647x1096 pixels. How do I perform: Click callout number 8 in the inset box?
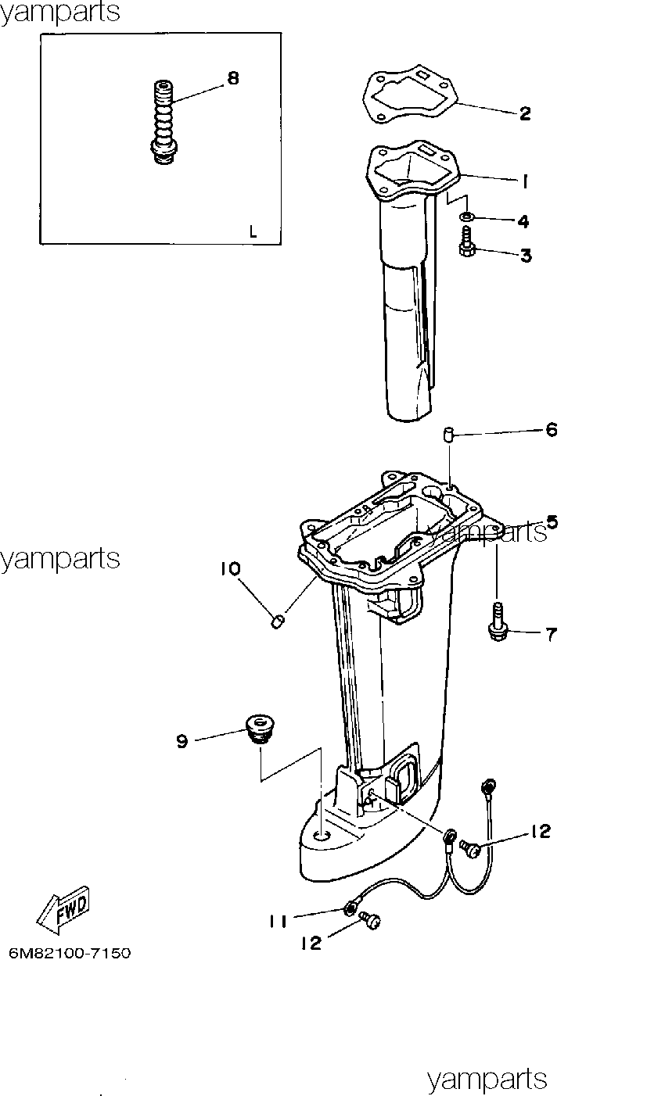[233, 78]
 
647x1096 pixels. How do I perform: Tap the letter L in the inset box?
[253, 231]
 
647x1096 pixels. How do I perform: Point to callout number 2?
[525, 113]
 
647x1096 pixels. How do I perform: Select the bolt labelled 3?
[466, 240]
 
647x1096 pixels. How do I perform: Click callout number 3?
[526, 256]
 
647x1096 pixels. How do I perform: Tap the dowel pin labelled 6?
[448, 435]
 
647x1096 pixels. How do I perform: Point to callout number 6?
[552, 430]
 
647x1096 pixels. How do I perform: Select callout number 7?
[552, 635]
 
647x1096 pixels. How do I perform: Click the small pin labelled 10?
[277, 622]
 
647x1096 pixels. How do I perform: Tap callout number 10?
[230, 569]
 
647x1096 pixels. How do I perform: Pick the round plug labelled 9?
[259, 730]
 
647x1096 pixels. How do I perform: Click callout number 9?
[182, 742]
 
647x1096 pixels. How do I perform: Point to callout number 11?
[278, 922]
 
